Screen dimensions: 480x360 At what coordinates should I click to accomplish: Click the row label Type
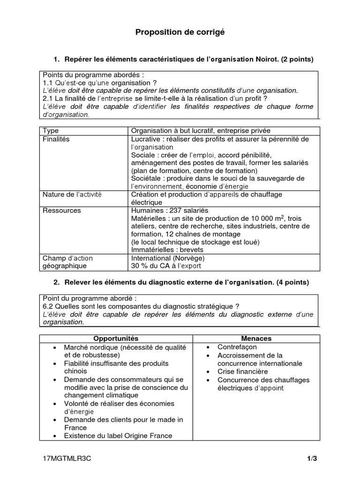point(51,131)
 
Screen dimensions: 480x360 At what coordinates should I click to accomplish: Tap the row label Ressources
point(62,210)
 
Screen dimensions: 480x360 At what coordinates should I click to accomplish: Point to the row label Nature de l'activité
point(72,195)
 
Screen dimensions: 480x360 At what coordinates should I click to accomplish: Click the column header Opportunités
point(116,338)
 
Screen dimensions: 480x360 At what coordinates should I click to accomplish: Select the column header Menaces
point(256,338)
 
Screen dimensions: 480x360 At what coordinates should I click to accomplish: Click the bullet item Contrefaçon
point(237,347)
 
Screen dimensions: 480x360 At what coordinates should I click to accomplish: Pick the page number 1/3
point(312,459)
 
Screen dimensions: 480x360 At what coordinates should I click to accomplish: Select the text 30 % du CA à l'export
point(166,266)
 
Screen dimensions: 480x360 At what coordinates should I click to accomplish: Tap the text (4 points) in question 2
point(292,283)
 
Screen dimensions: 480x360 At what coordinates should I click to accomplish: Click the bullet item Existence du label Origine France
point(118,435)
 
